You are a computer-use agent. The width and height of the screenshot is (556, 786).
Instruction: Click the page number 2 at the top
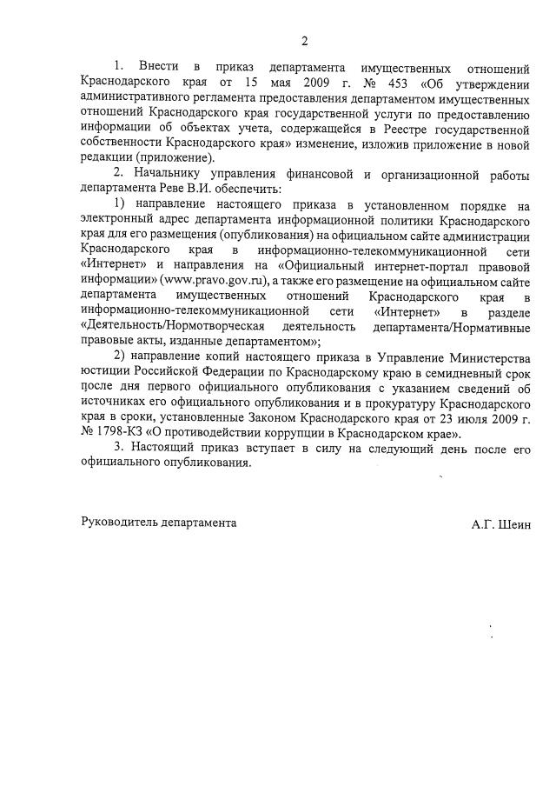[304, 40]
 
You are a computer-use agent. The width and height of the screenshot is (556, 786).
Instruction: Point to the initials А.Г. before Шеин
[482, 524]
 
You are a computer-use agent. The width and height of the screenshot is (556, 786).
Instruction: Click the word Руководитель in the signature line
[118, 524]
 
